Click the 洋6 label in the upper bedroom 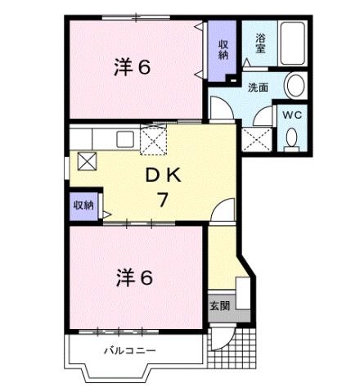coord(132,67)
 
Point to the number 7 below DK coord(162,199)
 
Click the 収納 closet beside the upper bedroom coord(222,49)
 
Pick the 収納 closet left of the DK coord(83,205)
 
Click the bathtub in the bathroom coord(293,46)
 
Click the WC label coord(292,116)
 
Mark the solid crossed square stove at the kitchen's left coord(86,160)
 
